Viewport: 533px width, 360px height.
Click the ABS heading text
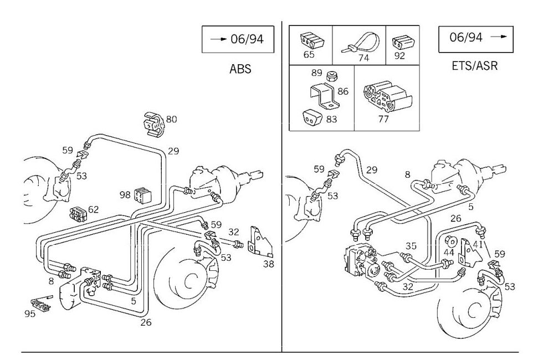point(240,69)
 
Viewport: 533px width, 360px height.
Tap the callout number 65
point(309,55)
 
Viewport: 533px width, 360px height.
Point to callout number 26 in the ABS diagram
point(145,322)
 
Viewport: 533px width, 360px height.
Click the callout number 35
point(411,246)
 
